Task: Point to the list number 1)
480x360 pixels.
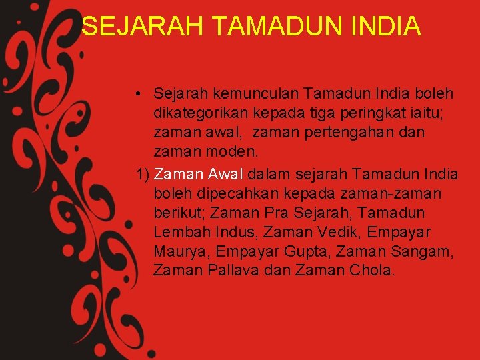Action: [x=142, y=174]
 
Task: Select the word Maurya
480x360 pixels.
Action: [x=175, y=252]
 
